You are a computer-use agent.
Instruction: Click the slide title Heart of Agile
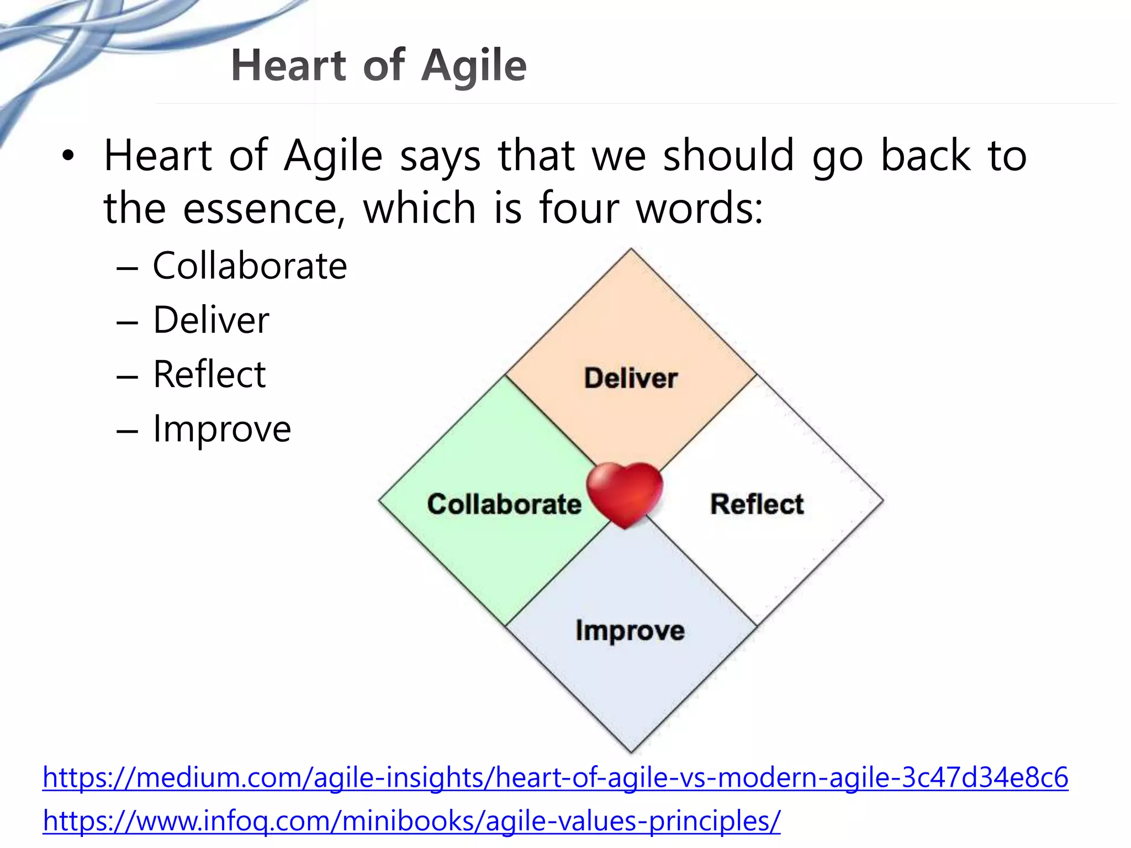pos(379,66)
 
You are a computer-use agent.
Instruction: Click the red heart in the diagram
pos(625,493)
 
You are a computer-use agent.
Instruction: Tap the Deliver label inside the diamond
pos(631,379)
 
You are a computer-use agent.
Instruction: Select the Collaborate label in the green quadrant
pos(504,504)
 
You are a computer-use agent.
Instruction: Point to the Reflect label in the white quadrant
pos(757,504)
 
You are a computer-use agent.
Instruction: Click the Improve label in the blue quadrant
pos(630,630)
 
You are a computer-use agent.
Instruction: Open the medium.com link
pos(555,777)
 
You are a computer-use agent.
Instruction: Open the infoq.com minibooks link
pos(411,821)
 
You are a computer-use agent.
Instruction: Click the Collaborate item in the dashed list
pos(250,266)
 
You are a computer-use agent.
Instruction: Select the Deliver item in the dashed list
pos(211,320)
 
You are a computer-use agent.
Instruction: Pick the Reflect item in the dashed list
pos(209,374)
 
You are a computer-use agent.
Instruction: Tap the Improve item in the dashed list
pos(222,429)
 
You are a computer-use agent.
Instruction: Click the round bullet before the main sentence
pos(67,156)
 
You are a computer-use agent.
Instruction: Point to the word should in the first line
pos(728,156)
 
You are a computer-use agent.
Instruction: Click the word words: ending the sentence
pos(700,209)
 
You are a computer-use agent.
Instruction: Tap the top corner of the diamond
pos(631,250)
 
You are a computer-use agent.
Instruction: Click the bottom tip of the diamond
pos(631,751)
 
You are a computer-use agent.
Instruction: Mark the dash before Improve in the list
pos(127,431)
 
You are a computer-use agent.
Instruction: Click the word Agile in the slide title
pos(474,66)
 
